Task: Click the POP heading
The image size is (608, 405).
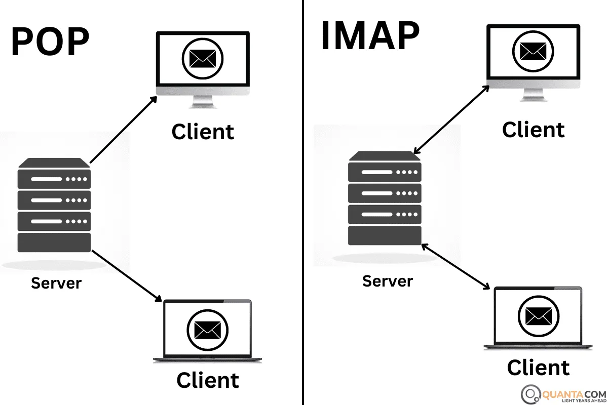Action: [x=50, y=42]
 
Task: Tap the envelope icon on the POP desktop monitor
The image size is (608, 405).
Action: [x=203, y=59]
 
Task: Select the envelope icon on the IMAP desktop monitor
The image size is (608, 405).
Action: [x=533, y=51]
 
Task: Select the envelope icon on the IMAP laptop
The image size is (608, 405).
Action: [x=538, y=316]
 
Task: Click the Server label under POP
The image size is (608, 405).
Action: [x=56, y=282]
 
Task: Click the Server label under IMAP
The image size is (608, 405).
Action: [x=388, y=280]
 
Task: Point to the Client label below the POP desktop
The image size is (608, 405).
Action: [x=203, y=132]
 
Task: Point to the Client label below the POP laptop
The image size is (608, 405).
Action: [x=208, y=380]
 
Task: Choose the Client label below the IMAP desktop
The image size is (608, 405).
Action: [x=533, y=130]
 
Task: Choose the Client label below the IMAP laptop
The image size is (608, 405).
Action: [x=538, y=367]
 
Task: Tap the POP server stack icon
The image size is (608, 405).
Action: [x=54, y=205]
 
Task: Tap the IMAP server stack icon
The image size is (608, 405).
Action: [x=385, y=198]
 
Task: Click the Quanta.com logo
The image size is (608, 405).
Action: [x=562, y=393]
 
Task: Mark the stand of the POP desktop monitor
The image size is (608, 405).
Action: [x=203, y=102]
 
